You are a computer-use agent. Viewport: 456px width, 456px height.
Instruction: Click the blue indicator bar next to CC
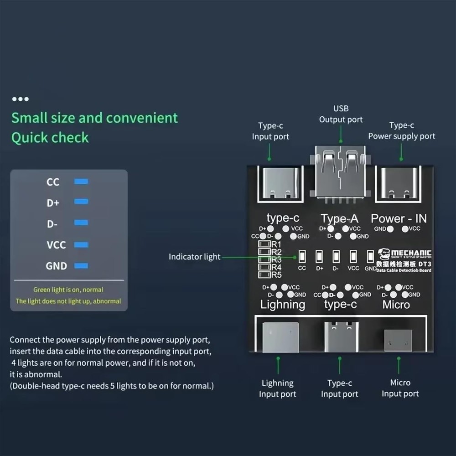(81, 181)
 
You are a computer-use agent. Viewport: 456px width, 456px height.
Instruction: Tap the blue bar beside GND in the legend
(81, 266)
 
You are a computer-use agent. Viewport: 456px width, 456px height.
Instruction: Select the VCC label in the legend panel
(56, 245)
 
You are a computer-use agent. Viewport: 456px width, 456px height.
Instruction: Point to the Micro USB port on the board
(398, 340)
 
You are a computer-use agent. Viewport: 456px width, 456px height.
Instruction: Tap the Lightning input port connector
(280, 337)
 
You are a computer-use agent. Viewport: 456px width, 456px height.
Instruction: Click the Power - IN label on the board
(399, 218)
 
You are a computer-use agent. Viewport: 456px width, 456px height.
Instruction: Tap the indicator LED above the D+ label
(319, 257)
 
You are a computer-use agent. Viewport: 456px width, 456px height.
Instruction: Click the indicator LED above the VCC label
(353, 257)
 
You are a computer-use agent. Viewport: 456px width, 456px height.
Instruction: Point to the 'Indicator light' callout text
(194, 257)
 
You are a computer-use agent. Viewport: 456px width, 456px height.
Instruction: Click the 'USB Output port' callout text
(341, 114)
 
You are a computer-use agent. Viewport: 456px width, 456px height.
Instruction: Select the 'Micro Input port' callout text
(400, 388)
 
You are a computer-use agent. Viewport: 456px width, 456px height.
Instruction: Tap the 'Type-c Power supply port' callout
(401, 131)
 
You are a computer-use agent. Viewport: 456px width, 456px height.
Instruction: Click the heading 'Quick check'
(50, 138)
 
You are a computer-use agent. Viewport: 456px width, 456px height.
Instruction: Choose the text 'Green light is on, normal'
(68, 290)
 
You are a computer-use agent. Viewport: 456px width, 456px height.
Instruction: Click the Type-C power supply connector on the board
(400, 183)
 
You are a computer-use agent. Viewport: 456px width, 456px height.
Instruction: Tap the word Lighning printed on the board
(282, 305)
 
